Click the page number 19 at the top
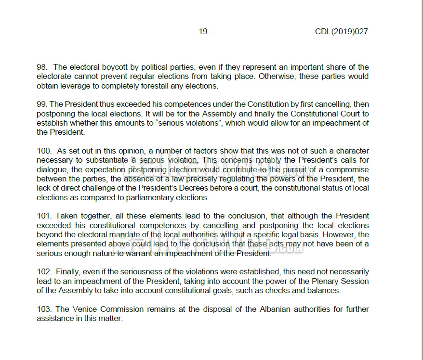(x=203, y=32)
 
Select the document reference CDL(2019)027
(x=342, y=32)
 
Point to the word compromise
(x=347, y=170)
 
